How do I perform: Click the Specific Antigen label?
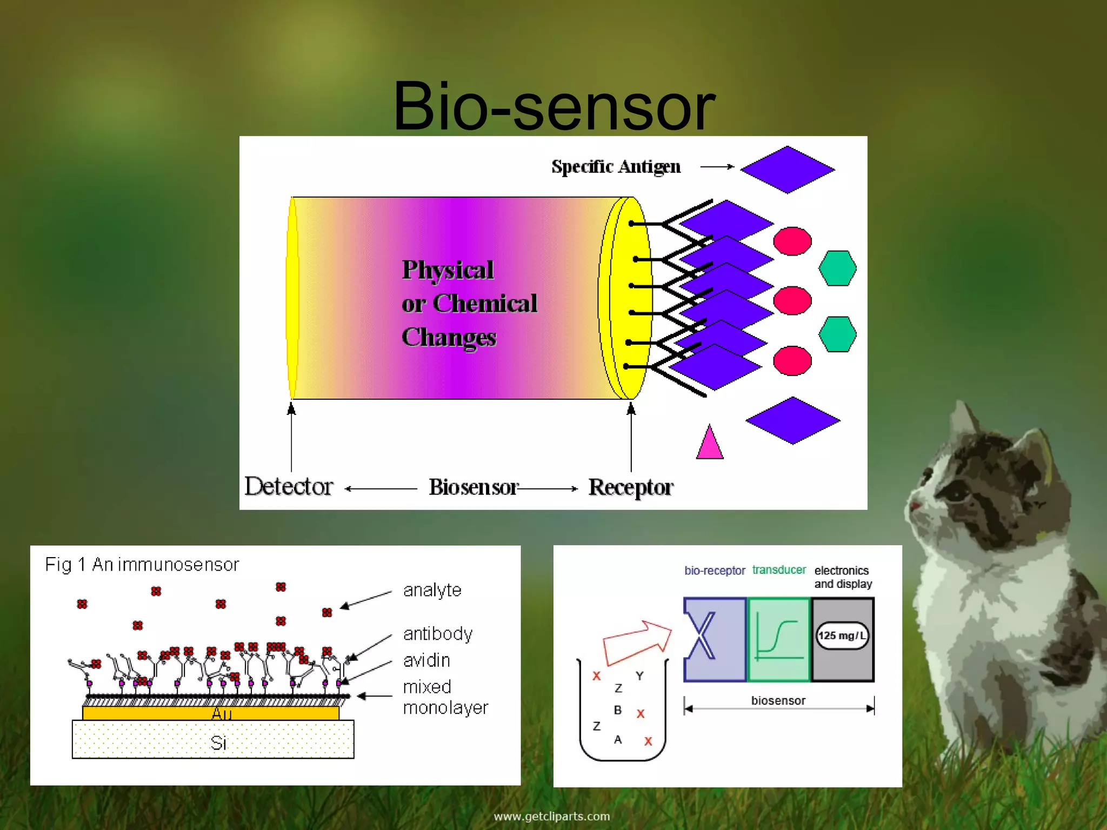point(616,166)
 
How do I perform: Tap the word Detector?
point(289,486)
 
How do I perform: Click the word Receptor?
point(631,487)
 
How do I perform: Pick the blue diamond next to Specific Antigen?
point(787,169)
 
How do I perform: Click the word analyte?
point(432,590)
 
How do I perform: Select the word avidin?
point(426,660)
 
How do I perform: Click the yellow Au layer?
point(211,713)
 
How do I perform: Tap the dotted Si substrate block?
point(213,739)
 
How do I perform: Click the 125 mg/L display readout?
point(842,636)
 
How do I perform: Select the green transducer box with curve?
point(779,639)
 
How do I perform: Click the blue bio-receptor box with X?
point(715,639)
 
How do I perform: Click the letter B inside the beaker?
point(618,710)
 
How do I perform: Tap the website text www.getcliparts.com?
point(551,816)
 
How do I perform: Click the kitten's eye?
point(957,492)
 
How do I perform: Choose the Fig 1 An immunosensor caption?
point(142,565)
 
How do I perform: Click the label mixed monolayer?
point(445,697)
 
